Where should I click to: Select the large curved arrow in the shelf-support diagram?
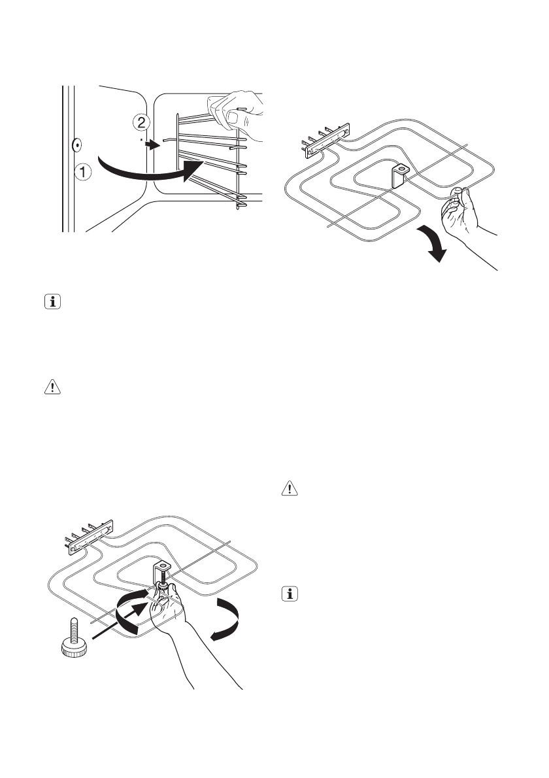point(150,171)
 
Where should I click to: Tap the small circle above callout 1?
point(76,144)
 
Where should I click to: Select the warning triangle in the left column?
point(50,388)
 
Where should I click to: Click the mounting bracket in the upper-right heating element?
point(398,175)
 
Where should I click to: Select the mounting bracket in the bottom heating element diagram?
point(162,567)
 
